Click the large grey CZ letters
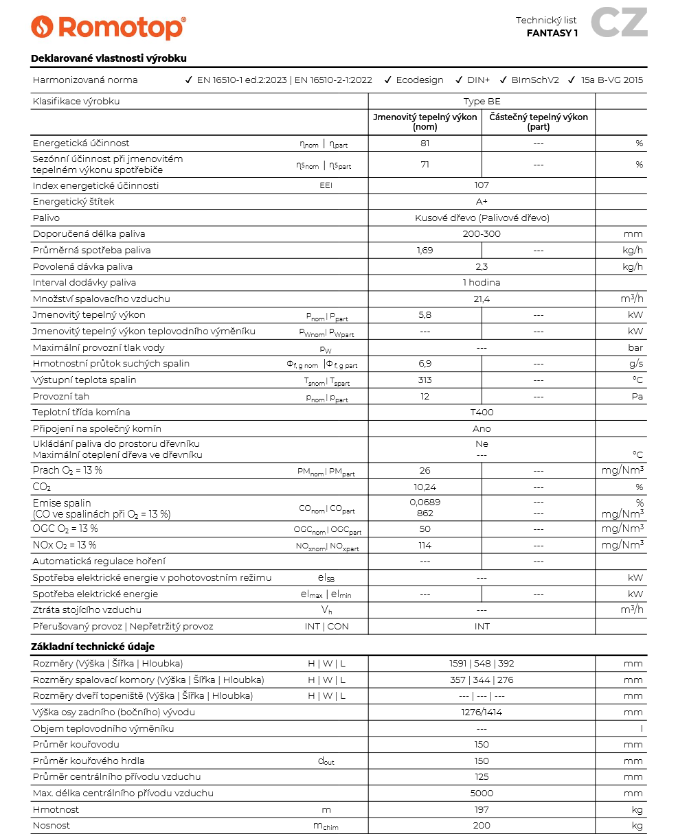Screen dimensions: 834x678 pos(618,22)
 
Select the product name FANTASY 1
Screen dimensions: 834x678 pos(552,33)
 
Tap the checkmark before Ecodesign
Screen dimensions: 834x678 pos(388,80)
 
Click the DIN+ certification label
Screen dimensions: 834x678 pos(478,80)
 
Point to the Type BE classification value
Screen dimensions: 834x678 pos(482,101)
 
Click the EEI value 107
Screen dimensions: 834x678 pos(482,185)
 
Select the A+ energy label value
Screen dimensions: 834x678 pos(482,202)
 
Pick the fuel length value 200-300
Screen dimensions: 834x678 pos(482,234)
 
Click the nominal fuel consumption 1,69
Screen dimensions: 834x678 pos(425,250)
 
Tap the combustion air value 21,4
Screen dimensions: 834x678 pos(482,299)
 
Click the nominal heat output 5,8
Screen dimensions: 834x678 pos(425,315)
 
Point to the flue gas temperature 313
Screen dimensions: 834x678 pos(425,380)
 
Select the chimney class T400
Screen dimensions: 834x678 pos(482,412)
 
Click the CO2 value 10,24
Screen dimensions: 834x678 pos(425,487)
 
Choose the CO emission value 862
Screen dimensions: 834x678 pos(425,513)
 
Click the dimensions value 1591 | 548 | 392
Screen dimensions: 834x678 pos(482,663)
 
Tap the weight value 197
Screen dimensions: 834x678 pos(482,809)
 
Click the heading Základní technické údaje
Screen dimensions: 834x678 pos(93,647)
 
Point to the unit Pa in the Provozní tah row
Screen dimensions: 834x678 pos(637,396)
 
